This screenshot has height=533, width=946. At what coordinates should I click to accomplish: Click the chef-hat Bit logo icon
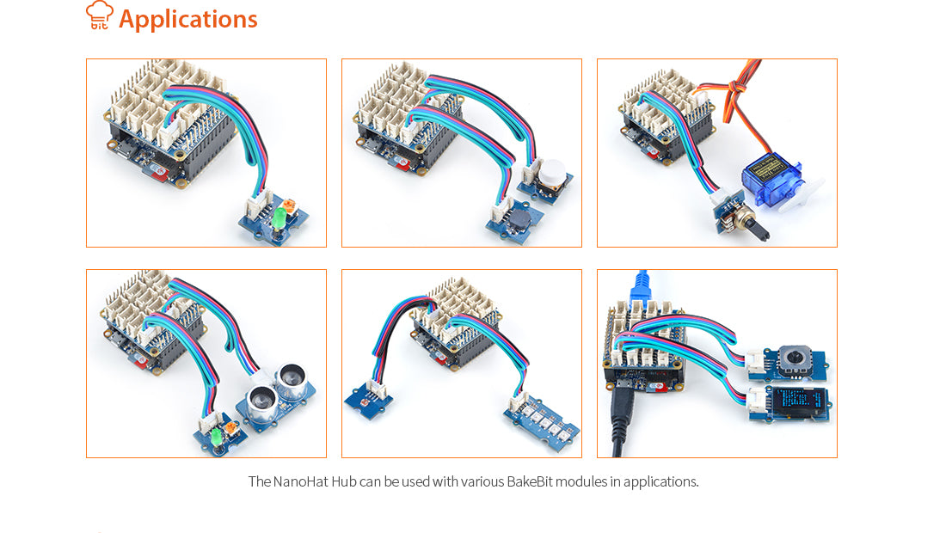point(100,15)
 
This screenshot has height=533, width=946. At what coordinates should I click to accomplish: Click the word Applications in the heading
point(187,19)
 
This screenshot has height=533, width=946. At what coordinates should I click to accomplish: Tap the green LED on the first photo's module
point(278,220)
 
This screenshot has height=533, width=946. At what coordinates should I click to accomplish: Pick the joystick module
point(789,360)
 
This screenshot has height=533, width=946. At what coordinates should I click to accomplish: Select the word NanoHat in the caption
point(301,481)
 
